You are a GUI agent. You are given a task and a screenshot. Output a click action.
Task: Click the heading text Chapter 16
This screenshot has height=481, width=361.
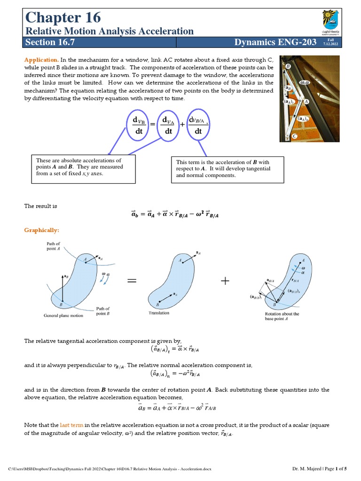point(63,17)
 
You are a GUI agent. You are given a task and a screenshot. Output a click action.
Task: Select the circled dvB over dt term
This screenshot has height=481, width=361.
point(139,125)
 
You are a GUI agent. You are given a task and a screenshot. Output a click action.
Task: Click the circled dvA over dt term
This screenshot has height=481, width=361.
point(168,125)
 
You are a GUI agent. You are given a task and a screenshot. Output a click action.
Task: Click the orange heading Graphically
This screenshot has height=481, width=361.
point(42,230)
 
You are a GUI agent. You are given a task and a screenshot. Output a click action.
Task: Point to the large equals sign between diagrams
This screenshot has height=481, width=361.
point(132,281)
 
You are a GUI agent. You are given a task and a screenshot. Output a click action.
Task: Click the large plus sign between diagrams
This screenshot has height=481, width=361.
point(225,281)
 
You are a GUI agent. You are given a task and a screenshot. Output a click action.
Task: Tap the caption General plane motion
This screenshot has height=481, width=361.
point(63,316)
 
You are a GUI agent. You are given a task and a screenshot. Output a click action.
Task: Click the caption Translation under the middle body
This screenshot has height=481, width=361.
point(158,312)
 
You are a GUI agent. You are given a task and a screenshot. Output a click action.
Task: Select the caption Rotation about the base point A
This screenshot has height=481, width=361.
point(282,316)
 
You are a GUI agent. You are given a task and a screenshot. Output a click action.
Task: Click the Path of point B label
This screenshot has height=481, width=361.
point(103,311)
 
